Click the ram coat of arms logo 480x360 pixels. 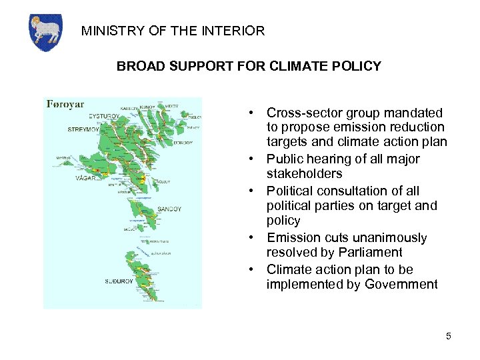point(45,32)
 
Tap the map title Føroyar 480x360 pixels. point(65,105)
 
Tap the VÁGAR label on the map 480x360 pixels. point(86,178)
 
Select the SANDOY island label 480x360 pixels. point(169,209)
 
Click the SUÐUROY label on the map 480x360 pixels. point(117,281)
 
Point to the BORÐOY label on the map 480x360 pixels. point(183,143)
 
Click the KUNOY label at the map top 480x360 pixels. point(147,107)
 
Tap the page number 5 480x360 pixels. point(449,337)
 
